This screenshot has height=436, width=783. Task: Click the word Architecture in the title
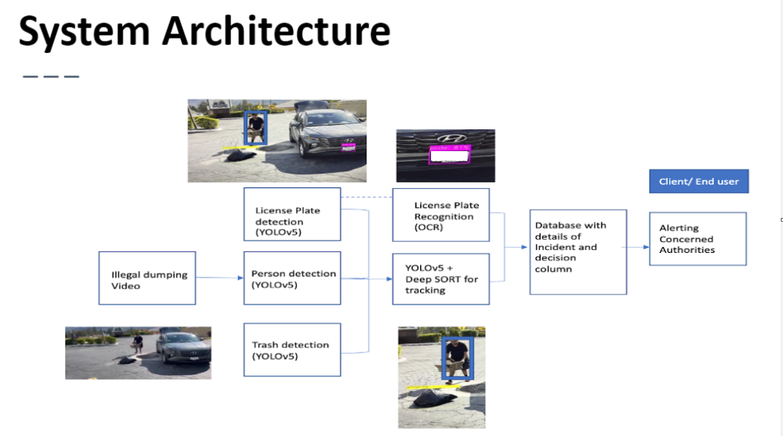pyautogui.click(x=276, y=31)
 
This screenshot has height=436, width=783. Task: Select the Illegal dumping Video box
pyautogui.click(x=147, y=278)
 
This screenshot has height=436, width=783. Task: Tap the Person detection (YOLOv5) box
pyautogui.click(x=292, y=278)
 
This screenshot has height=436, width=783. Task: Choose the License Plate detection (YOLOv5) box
pyautogui.click(x=292, y=214)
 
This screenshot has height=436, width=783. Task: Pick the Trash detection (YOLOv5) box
pyautogui.click(x=292, y=350)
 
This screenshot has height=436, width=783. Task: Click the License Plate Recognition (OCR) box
pyautogui.click(x=440, y=215)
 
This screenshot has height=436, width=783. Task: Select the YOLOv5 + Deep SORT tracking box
pyautogui.click(x=440, y=278)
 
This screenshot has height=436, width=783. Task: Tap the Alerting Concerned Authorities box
pyautogui.click(x=697, y=238)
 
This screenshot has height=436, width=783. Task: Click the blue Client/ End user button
pyautogui.click(x=698, y=182)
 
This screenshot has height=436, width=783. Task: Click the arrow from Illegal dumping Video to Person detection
pyautogui.click(x=219, y=278)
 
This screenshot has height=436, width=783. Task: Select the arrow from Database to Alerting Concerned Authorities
pyautogui.click(x=637, y=247)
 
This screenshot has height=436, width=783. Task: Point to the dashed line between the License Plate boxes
pyautogui.click(x=366, y=197)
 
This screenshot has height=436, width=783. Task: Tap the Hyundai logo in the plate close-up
pyautogui.click(x=445, y=138)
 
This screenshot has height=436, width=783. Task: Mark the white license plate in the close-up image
pyautogui.click(x=450, y=155)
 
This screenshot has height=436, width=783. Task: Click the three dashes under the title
pyautogui.click(x=51, y=76)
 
